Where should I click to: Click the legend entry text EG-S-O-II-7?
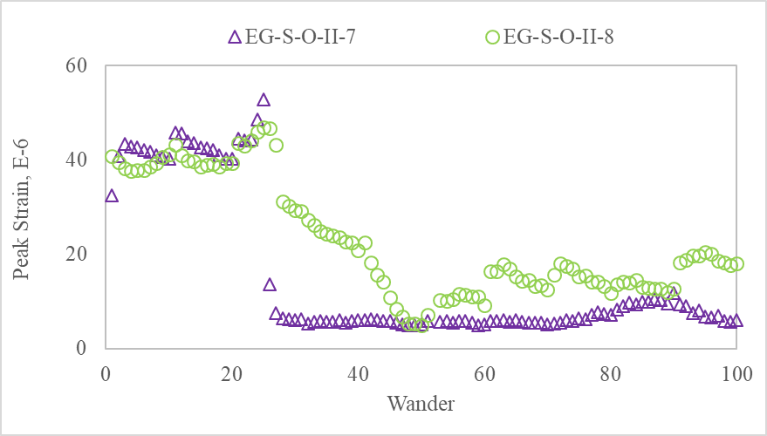pyautogui.click(x=299, y=37)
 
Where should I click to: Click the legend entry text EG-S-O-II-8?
pyautogui.click(x=560, y=37)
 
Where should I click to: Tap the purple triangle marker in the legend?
pyautogui.click(x=234, y=37)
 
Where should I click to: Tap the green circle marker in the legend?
pyautogui.click(x=493, y=37)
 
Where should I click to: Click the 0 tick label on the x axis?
pyautogui.click(x=105, y=373)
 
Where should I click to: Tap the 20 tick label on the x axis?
pyautogui.click(x=231, y=373)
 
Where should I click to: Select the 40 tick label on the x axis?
pyautogui.click(x=358, y=373)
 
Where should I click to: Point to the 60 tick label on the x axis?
pyautogui.click(x=484, y=373)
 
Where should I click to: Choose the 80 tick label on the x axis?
pyautogui.click(x=611, y=373)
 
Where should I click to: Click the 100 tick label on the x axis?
pyautogui.click(x=736, y=373)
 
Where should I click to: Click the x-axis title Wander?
pyautogui.click(x=421, y=404)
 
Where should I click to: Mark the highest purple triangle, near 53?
pyautogui.click(x=264, y=99)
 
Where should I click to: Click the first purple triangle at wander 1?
pyautogui.click(x=112, y=195)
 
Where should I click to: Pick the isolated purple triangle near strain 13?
pyautogui.click(x=270, y=284)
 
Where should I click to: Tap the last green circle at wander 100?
pyautogui.click(x=736, y=263)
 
